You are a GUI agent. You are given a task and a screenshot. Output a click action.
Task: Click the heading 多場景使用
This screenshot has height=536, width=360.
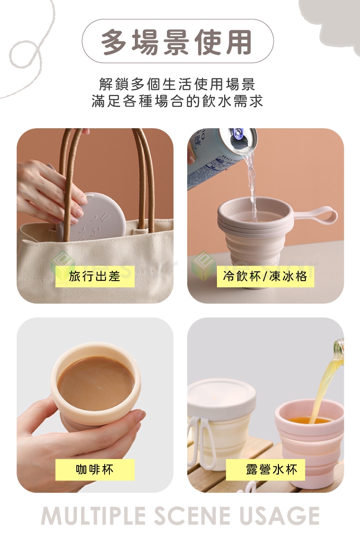[177, 42]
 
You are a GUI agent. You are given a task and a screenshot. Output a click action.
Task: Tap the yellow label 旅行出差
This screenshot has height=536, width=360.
[95, 276]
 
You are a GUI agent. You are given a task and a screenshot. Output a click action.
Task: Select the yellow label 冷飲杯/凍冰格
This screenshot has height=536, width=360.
[265, 276]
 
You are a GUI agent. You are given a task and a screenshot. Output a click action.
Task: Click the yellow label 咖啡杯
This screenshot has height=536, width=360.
[95, 469]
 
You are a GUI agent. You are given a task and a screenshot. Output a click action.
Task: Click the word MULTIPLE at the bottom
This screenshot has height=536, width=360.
[94, 516]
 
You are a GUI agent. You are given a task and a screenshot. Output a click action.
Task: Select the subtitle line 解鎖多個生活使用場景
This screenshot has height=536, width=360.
[177, 84]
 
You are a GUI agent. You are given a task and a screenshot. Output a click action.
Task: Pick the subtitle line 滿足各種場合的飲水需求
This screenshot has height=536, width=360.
[177, 101]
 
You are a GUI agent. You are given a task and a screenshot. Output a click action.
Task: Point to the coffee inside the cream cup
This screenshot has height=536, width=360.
[96, 383]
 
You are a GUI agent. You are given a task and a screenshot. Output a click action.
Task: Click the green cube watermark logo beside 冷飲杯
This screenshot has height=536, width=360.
[204, 266]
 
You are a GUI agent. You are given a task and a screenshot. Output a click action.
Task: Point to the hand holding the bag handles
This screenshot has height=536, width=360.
[48, 192]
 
